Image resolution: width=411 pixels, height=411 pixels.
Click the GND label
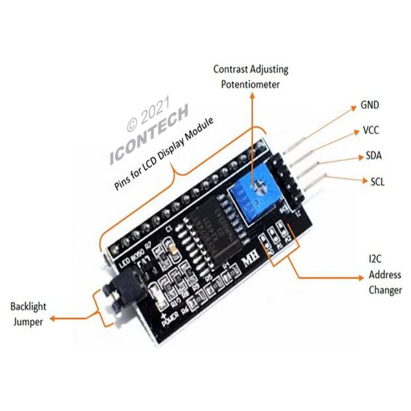tap(370, 105)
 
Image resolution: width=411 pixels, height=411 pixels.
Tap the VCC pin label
tap(370, 130)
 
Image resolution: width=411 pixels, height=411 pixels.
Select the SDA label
tap(373, 156)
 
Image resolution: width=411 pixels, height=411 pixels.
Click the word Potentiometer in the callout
tap(250, 84)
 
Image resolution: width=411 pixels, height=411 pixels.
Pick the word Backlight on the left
tap(28, 307)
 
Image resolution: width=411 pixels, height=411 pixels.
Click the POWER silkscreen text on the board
tap(172, 319)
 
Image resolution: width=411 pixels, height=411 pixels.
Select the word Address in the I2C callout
tap(384, 274)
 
